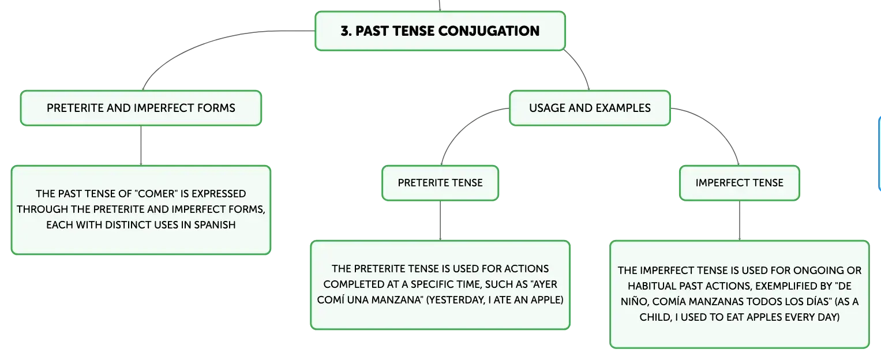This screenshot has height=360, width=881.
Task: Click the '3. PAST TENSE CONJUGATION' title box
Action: pos(440,31)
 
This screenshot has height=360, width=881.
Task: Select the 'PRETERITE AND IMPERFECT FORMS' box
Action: pos(141,108)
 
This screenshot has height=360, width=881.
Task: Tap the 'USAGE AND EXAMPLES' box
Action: pos(590,108)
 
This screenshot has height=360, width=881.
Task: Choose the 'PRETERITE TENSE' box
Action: pos(440,183)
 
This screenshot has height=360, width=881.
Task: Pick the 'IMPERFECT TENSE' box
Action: pos(740,183)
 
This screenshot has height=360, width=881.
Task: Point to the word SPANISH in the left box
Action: pos(215,224)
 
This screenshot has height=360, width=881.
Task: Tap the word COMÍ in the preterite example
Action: pos(329,300)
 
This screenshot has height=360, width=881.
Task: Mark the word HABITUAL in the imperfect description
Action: pos(651,286)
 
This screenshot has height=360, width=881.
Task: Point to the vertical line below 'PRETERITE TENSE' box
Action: pos(440,220)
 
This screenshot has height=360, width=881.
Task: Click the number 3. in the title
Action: pos(346,31)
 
